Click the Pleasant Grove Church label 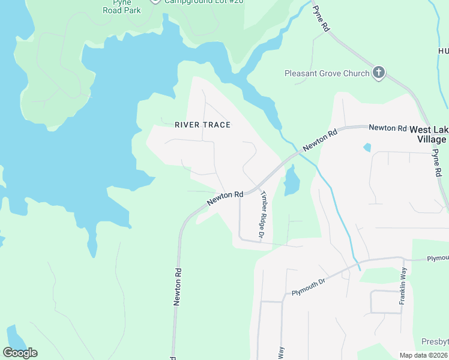[x=327, y=74]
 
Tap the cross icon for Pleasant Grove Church [x=378, y=73]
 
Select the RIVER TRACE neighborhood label [x=202, y=125]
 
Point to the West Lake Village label [x=428, y=134]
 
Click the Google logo [x=20, y=353]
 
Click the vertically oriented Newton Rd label [x=178, y=287]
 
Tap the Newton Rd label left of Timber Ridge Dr [x=225, y=198]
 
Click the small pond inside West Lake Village [x=367, y=147]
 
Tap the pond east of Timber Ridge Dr [x=291, y=181]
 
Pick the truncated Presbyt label [x=435, y=341]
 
